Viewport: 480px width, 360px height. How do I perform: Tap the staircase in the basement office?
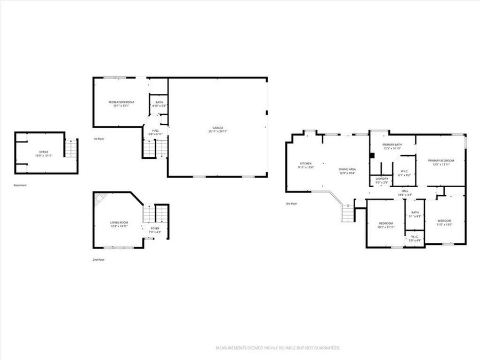(x=71, y=148)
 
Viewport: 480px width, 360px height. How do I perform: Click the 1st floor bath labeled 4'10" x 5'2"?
(x=159, y=104)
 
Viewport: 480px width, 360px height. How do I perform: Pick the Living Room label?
(x=119, y=224)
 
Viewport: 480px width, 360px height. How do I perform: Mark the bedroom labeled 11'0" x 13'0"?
(x=444, y=222)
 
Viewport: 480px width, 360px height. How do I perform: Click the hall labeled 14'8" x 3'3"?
(x=405, y=193)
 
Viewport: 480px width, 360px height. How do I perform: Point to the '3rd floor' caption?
(x=291, y=203)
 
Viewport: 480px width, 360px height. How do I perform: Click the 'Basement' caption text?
(x=20, y=185)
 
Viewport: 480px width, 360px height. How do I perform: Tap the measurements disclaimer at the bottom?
(x=277, y=348)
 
